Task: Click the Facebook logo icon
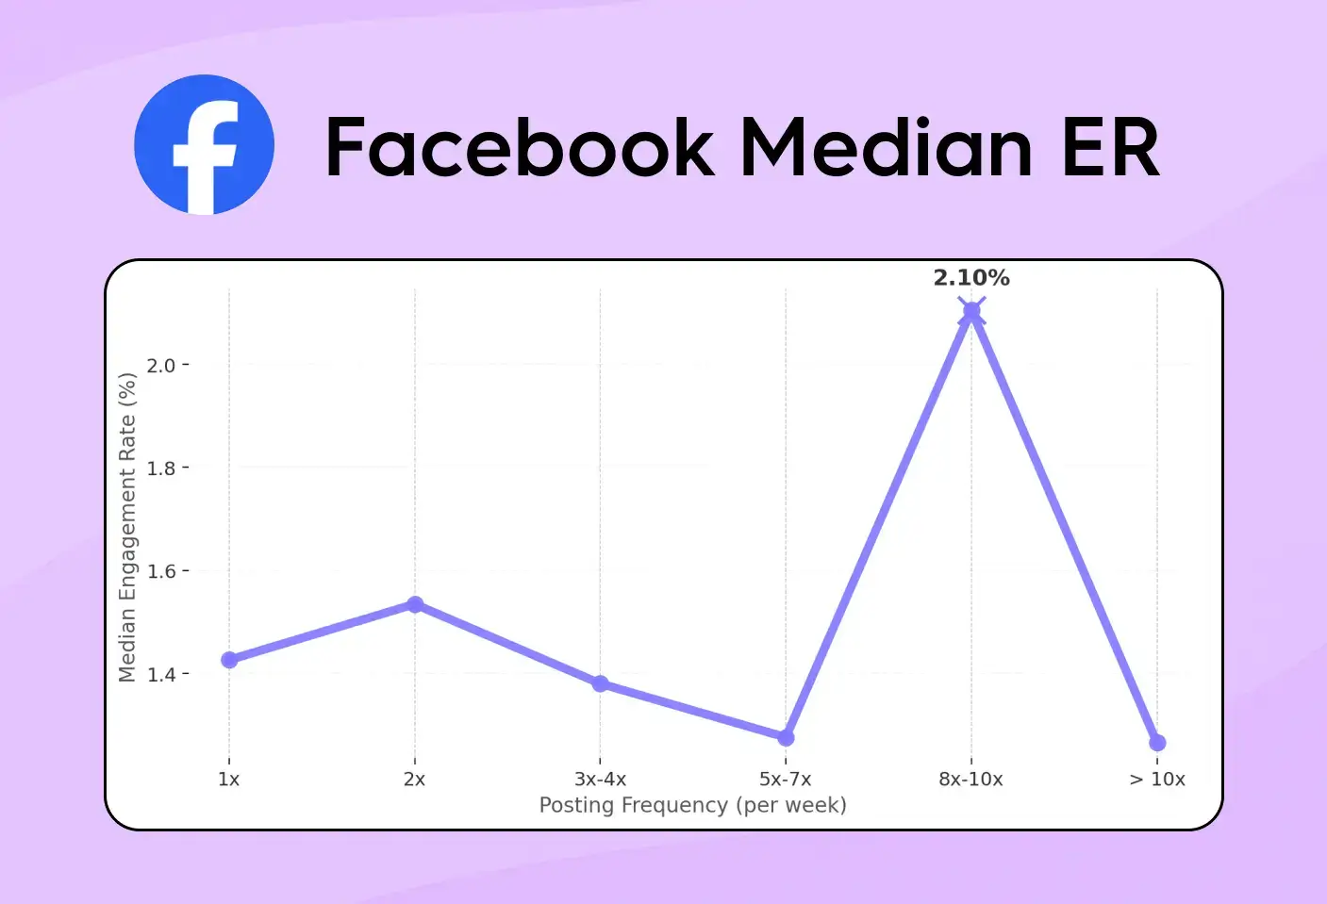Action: pos(204,145)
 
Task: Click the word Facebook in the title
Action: pos(520,147)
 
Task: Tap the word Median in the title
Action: pos(886,147)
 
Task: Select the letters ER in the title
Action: pos(1110,147)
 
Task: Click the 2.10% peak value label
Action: pos(970,278)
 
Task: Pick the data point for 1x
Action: pos(229,660)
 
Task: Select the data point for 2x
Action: pos(415,604)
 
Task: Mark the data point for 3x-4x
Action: pos(601,683)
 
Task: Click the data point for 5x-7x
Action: pos(786,737)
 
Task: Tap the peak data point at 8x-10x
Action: pos(971,311)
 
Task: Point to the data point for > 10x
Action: pos(1157,743)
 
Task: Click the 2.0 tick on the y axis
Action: pos(161,366)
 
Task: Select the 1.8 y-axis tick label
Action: pos(161,468)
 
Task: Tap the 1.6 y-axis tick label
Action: pos(161,571)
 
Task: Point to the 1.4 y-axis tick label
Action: pos(161,675)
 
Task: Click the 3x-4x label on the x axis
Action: pos(601,780)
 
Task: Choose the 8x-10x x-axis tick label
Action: pos(970,780)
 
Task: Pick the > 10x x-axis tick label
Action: pos(1157,780)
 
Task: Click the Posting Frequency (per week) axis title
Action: pos(693,806)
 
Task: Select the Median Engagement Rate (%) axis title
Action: pos(127,527)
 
